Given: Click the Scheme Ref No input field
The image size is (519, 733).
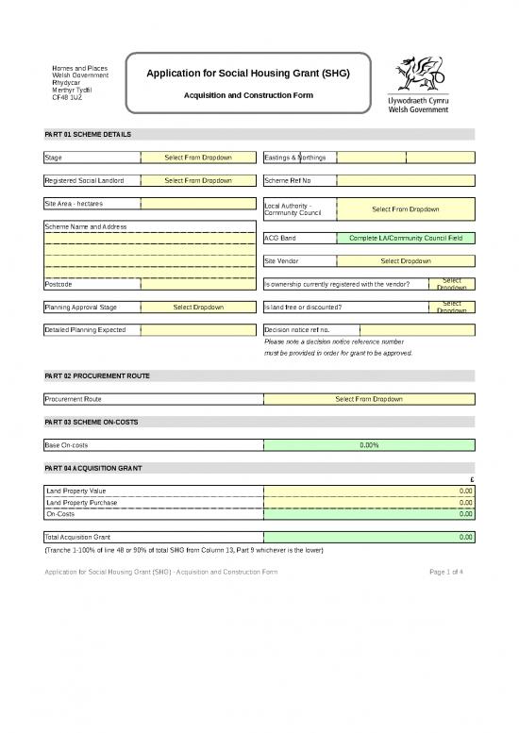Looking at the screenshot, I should click(x=406, y=179).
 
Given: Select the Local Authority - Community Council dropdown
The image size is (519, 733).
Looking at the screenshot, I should click(x=406, y=209).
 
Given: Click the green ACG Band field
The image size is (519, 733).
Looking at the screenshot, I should click(x=406, y=238).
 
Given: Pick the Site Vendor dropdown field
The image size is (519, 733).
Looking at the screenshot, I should click(x=406, y=260).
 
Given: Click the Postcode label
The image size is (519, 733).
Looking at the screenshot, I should click(x=59, y=284).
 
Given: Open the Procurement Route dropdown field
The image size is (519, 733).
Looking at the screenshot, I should click(x=369, y=399).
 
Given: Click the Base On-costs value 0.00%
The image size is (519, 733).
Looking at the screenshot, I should click(x=369, y=445).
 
